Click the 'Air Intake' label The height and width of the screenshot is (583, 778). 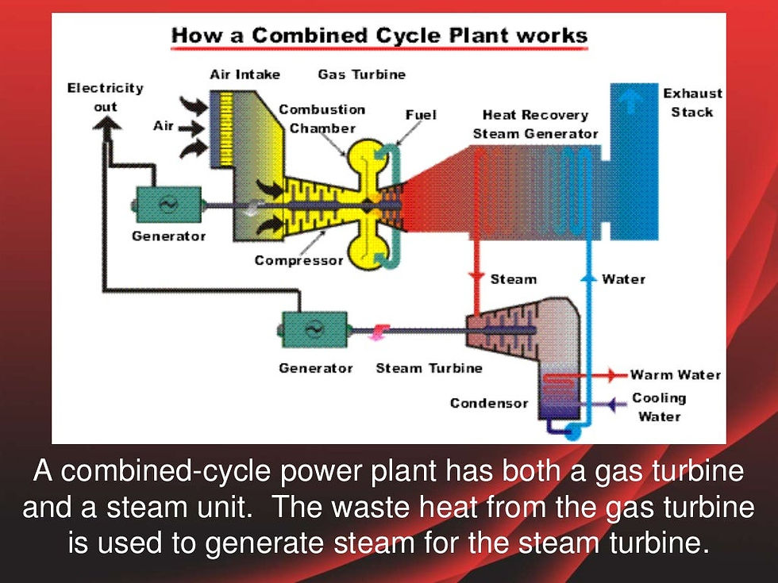[x=245, y=75]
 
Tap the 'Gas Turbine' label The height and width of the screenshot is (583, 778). [x=362, y=75]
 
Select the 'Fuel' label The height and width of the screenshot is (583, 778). [x=421, y=115]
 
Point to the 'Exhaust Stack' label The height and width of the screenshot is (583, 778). [x=692, y=102]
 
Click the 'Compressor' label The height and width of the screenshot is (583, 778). [x=298, y=260]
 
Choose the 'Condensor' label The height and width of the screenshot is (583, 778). [x=489, y=403]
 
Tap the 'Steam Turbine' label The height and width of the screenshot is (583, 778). [x=429, y=368]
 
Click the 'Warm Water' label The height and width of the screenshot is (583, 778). [x=676, y=374]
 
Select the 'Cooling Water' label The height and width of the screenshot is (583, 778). [x=660, y=407]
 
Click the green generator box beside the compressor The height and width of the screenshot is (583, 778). [x=168, y=205]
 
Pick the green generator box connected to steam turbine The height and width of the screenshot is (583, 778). [x=314, y=329]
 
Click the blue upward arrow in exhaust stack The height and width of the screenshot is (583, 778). [x=632, y=101]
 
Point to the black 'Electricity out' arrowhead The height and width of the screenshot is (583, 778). [x=106, y=124]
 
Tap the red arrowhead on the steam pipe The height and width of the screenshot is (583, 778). [x=476, y=277]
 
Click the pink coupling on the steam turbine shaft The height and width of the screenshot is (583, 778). [x=379, y=332]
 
